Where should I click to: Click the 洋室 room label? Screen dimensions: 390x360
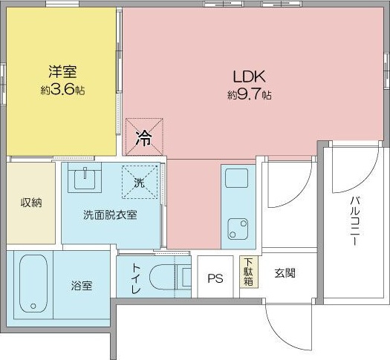click(62, 71)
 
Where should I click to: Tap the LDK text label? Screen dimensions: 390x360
click(249, 76)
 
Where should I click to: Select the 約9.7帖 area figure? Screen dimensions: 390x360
click(249, 94)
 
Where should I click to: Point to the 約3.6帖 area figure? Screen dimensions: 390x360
click(62, 90)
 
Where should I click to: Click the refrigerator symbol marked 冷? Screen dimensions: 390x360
click(144, 137)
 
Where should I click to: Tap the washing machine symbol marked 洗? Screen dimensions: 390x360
click(140, 182)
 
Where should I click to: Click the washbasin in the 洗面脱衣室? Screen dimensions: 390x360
click(85, 177)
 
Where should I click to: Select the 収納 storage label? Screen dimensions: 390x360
click(31, 203)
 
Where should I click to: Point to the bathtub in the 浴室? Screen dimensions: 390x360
click(33, 284)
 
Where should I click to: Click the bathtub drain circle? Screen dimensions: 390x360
click(33, 306)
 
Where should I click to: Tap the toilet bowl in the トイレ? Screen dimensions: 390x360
click(163, 277)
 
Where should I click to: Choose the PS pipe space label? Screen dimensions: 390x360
click(215, 278)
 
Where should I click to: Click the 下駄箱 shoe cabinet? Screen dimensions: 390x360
click(249, 272)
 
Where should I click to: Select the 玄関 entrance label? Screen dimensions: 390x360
click(285, 273)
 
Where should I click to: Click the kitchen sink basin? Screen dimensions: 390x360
click(236, 178)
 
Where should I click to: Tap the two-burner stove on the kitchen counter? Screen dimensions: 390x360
click(238, 229)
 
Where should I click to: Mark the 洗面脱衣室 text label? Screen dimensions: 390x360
click(110, 215)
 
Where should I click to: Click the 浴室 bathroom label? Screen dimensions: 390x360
click(82, 286)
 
